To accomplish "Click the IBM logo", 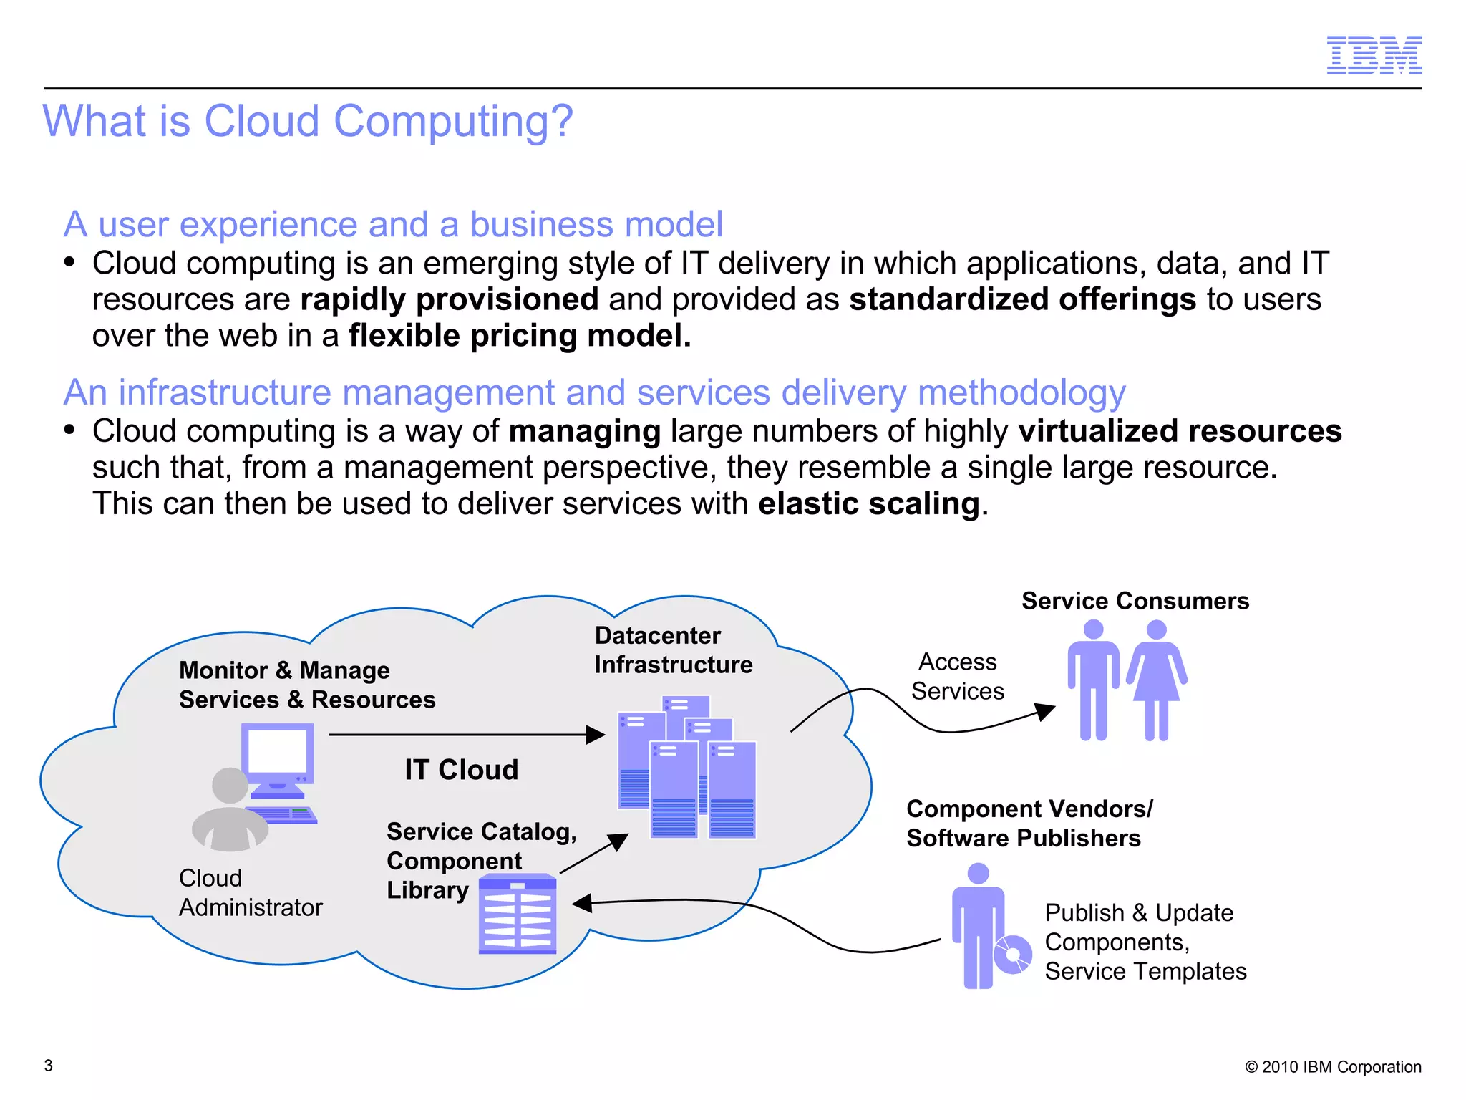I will [x=1374, y=55].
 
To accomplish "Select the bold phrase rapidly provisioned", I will [x=449, y=299].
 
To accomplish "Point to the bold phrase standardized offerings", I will [x=1022, y=299].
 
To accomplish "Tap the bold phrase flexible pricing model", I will [x=520, y=336].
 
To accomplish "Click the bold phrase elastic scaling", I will [x=869, y=503].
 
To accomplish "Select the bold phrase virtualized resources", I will [x=1180, y=431].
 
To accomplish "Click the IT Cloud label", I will [x=461, y=770].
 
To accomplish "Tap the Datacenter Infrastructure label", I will [x=673, y=650].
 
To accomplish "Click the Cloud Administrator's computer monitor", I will [x=278, y=756].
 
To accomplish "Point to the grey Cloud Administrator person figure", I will [x=230, y=813].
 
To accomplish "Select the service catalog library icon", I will [x=518, y=915].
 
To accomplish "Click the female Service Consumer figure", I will [x=1156, y=680].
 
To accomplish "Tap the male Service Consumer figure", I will [x=1093, y=680].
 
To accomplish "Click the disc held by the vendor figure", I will [x=1012, y=955].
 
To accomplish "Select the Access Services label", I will [x=957, y=677].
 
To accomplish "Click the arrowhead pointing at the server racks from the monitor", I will [x=596, y=735].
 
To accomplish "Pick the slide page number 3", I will [x=49, y=1066].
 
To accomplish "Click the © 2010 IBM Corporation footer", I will [x=1333, y=1067].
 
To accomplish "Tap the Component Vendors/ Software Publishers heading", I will [x=1029, y=824].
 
